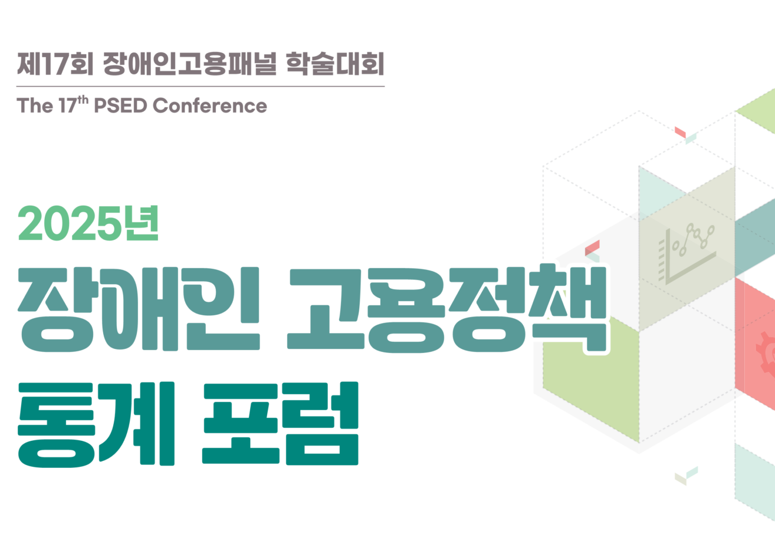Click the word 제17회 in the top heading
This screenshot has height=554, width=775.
click(x=55, y=64)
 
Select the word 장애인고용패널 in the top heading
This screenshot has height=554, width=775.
click(x=190, y=64)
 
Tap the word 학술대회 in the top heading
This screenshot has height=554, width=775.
click(x=335, y=64)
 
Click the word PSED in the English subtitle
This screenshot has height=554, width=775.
click(x=121, y=105)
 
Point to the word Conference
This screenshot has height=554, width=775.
click(x=210, y=105)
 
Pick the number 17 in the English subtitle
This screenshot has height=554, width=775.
click(x=67, y=105)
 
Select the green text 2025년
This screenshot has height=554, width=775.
click(x=88, y=223)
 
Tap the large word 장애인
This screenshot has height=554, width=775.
click(x=139, y=309)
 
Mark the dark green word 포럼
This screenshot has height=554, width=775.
click(x=280, y=423)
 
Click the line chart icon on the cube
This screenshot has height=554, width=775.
click(x=686, y=254)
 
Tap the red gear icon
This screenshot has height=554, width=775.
click(x=766, y=354)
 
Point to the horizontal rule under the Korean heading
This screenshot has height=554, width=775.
click(x=201, y=87)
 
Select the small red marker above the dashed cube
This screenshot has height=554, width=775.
click(x=680, y=132)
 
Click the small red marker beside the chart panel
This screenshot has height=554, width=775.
click(x=592, y=248)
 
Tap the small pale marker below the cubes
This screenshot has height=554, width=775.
click(x=687, y=476)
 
